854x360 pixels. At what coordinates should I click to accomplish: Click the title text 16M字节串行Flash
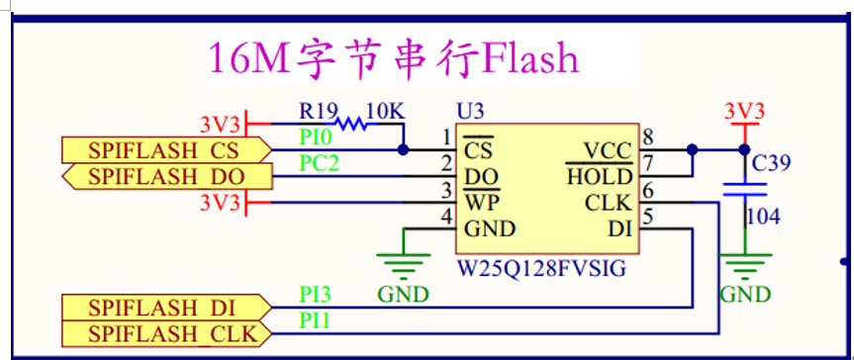[393, 58]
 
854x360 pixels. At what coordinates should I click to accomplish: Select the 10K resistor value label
[385, 110]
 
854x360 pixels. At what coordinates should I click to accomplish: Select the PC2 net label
[319, 163]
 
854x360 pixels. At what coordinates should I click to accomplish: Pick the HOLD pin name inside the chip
[600, 177]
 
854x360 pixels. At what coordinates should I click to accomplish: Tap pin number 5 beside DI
[648, 216]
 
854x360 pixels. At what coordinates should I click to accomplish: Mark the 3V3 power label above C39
[744, 111]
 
